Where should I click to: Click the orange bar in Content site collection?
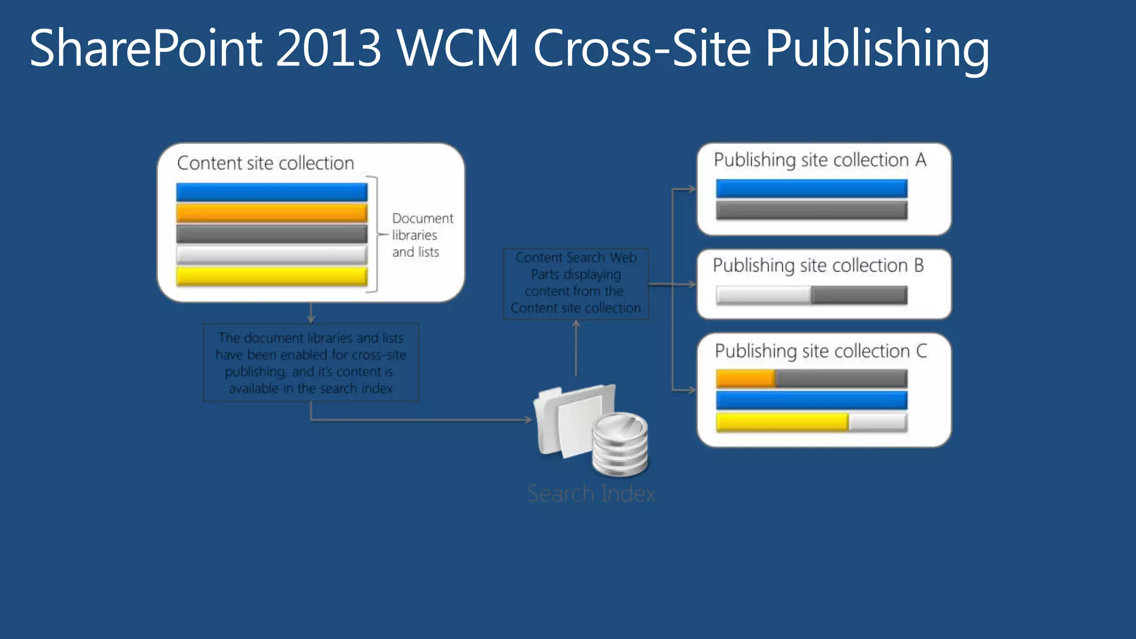(x=272, y=213)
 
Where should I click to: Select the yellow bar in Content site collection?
(x=272, y=276)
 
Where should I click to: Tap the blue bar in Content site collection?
(x=272, y=192)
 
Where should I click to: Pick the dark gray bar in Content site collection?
(x=272, y=234)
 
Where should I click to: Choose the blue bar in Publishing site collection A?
(x=812, y=189)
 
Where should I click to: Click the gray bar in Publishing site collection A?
(x=812, y=210)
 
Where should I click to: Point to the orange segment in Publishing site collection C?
(x=745, y=379)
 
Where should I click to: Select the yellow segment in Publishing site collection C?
(x=782, y=422)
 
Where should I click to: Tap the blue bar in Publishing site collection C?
(x=812, y=400)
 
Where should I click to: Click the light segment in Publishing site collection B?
(x=763, y=295)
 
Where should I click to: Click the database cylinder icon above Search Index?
(x=620, y=444)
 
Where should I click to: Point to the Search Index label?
(x=591, y=493)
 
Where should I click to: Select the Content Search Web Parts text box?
(x=576, y=283)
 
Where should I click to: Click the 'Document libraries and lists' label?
(x=422, y=235)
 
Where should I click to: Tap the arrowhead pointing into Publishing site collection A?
(x=692, y=189)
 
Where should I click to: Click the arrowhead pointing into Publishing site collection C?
(x=692, y=390)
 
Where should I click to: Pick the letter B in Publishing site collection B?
(x=919, y=266)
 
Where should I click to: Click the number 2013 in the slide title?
(x=328, y=48)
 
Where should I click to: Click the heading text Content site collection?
(x=265, y=163)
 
